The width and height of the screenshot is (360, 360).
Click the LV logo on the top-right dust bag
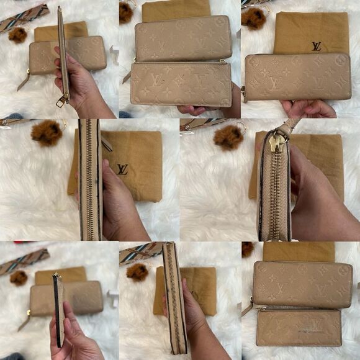317,46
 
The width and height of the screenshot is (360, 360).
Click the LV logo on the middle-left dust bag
123,169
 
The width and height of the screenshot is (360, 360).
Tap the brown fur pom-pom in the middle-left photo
48,133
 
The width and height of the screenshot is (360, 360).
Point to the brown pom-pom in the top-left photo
18,35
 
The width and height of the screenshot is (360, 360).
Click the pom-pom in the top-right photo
253,19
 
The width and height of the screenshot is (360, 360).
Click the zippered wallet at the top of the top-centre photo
183,38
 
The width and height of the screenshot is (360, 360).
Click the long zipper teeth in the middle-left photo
91,180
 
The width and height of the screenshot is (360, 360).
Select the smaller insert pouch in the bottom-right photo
299,327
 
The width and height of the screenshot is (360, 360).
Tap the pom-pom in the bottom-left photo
19,277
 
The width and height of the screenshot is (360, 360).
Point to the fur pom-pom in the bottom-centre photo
137,271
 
